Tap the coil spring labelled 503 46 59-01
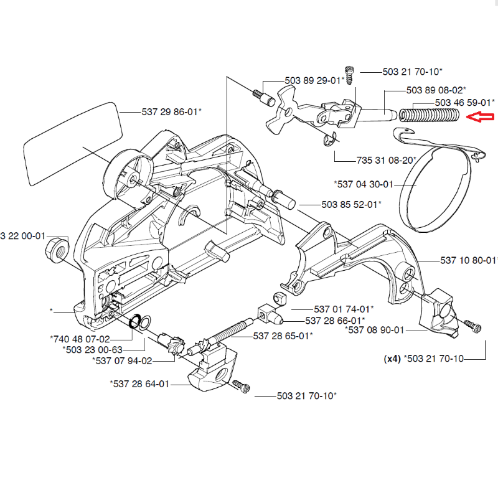coord(428,115)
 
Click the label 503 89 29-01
coord(314,80)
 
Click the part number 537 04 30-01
coord(364,184)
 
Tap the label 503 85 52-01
coord(351,204)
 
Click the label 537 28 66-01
coord(335,321)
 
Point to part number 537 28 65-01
coord(283,336)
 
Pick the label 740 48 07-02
coord(80,339)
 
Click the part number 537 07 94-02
coord(122,360)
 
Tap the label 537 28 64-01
coord(139,383)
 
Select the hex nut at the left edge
coord(57,249)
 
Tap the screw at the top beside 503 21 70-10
coord(349,75)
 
